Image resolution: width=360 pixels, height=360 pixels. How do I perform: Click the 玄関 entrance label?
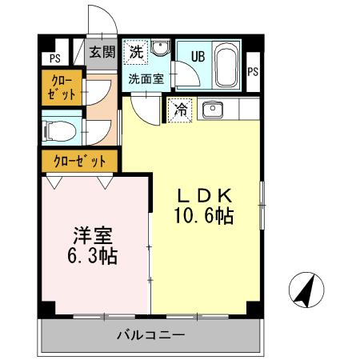(102, 53)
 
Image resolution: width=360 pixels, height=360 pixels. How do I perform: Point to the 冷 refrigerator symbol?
(181, 110)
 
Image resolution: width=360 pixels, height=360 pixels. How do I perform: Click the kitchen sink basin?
(213, 110)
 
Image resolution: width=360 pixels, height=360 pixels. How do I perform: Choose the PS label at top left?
(54, 58)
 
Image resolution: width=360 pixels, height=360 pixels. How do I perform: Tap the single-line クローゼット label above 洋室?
(80, 161)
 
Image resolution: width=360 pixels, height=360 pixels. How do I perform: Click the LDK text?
(205, 195)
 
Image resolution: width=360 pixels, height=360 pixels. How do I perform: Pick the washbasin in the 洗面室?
(158, 50)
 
